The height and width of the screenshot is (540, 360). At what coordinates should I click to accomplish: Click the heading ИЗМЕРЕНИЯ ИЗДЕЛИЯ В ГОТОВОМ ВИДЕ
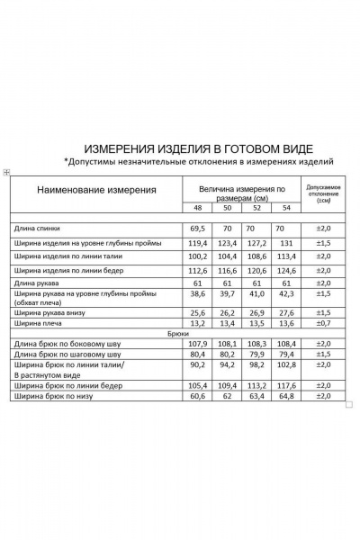coord(198,147)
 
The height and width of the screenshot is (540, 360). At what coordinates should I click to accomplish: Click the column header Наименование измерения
coord(95,191)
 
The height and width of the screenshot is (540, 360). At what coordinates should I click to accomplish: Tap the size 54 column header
coord(287,208)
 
